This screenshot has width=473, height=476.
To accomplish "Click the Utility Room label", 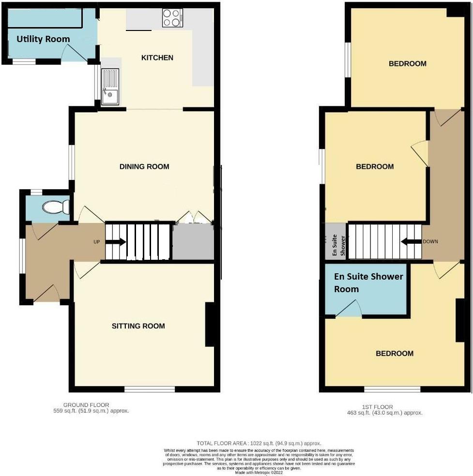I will [43, 39].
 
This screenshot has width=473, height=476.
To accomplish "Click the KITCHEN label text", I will [157, 58].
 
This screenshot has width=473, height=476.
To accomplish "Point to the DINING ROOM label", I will [144, 166].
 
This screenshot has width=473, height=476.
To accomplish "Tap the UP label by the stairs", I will [97, 242].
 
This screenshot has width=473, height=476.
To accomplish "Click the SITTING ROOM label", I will [138, 326].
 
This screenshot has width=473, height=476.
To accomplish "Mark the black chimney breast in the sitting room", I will [210, 325].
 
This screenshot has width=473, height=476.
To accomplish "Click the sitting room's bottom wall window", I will [150, 389].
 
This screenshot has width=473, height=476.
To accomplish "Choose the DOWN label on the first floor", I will [430, 241].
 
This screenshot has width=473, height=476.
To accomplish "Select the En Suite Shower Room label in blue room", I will [368, 283].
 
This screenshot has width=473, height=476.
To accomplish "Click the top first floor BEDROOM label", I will [408, 63].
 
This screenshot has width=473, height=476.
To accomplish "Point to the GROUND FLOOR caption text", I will [86, 405].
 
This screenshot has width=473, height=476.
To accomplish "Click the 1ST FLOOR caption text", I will [384, 407].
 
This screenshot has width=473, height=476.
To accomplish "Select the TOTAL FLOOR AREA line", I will [259, 443].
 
